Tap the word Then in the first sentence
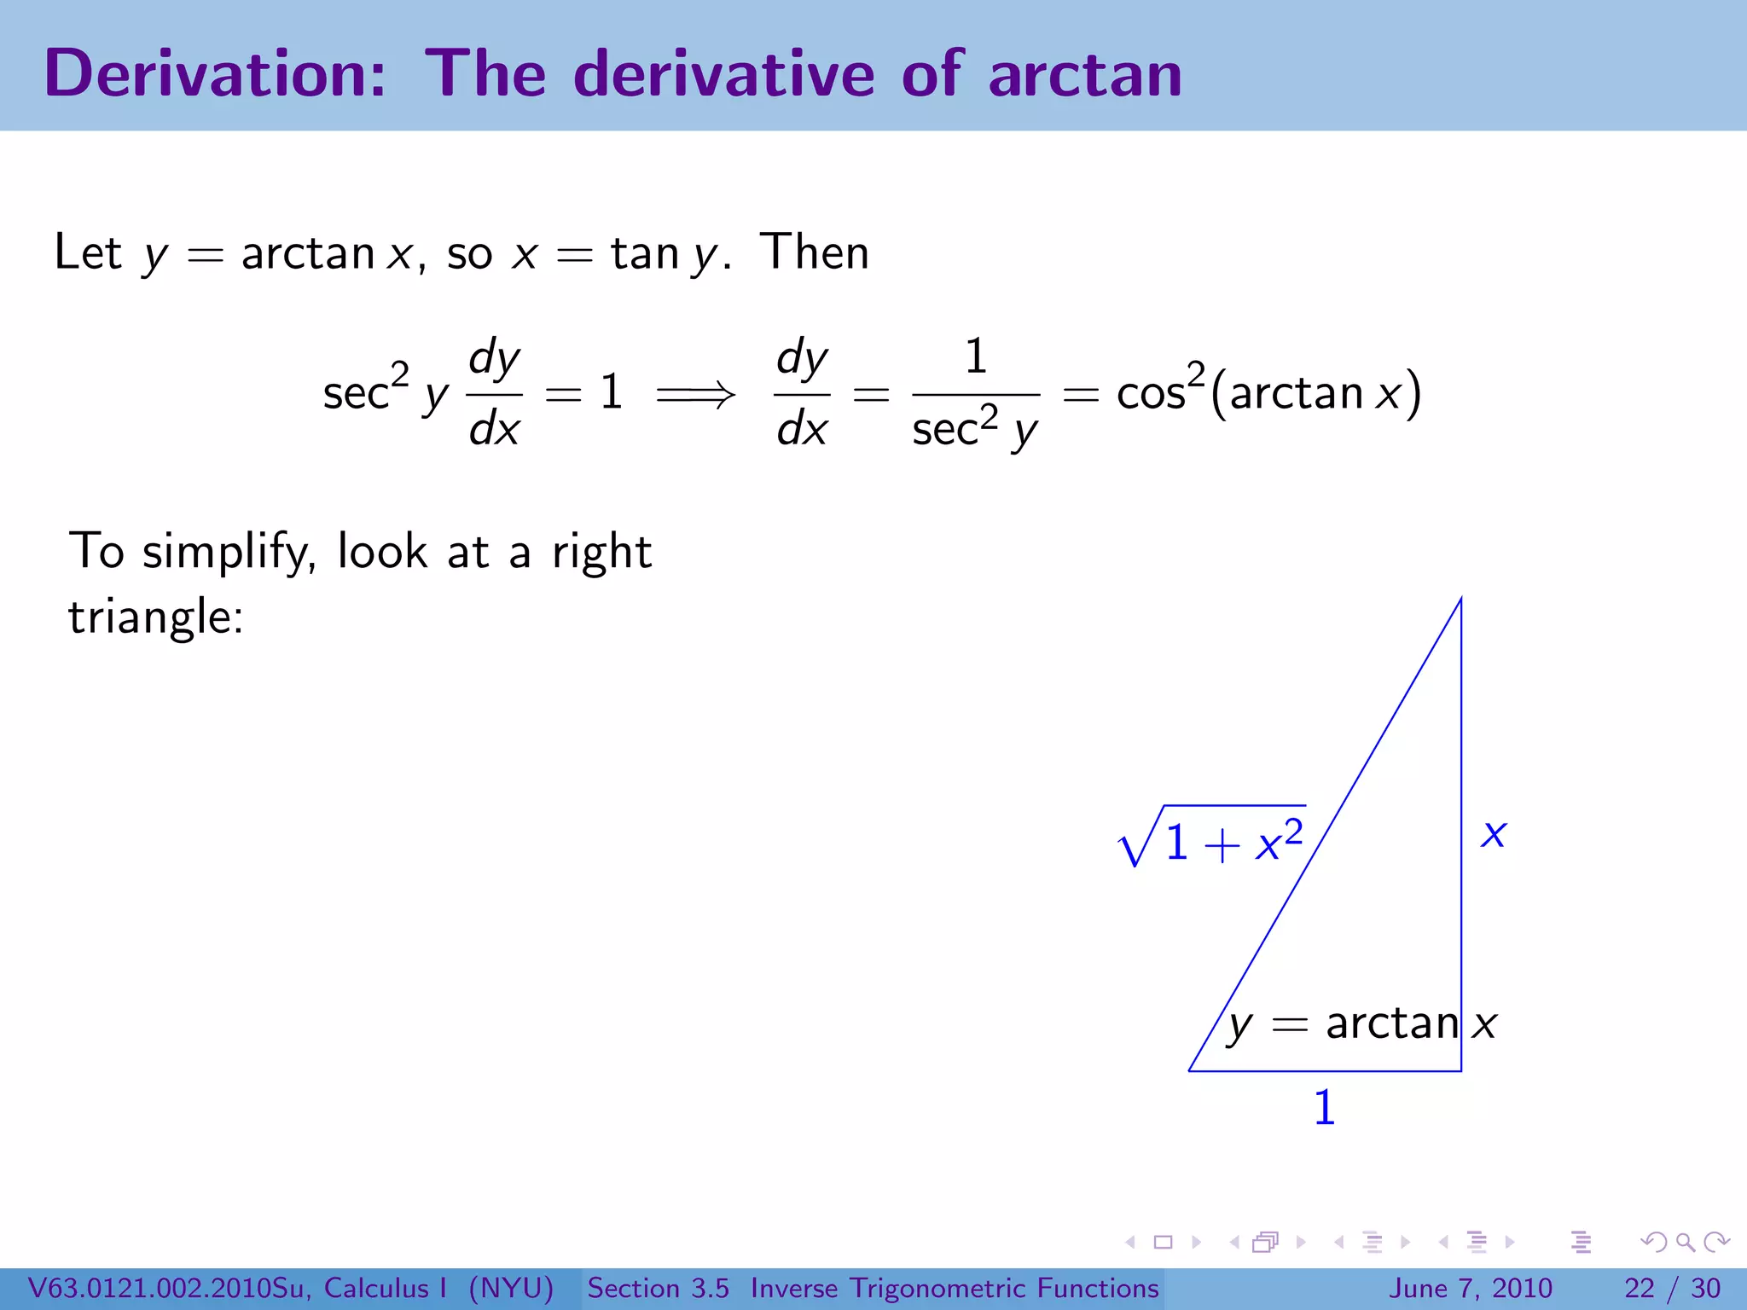(815, 252)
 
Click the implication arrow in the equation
(696, 394)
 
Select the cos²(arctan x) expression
(1268, 393)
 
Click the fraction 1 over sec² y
(976, 394)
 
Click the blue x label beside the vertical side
(1494, 833)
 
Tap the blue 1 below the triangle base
(1324, 1108)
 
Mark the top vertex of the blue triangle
(1461, 599)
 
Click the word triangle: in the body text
(156, 617)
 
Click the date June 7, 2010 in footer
(1471, 1288)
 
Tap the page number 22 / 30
(1672, 1288)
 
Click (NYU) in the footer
(511, 1288)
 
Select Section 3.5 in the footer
(658, 1288)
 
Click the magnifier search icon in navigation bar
(1685, 1242)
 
